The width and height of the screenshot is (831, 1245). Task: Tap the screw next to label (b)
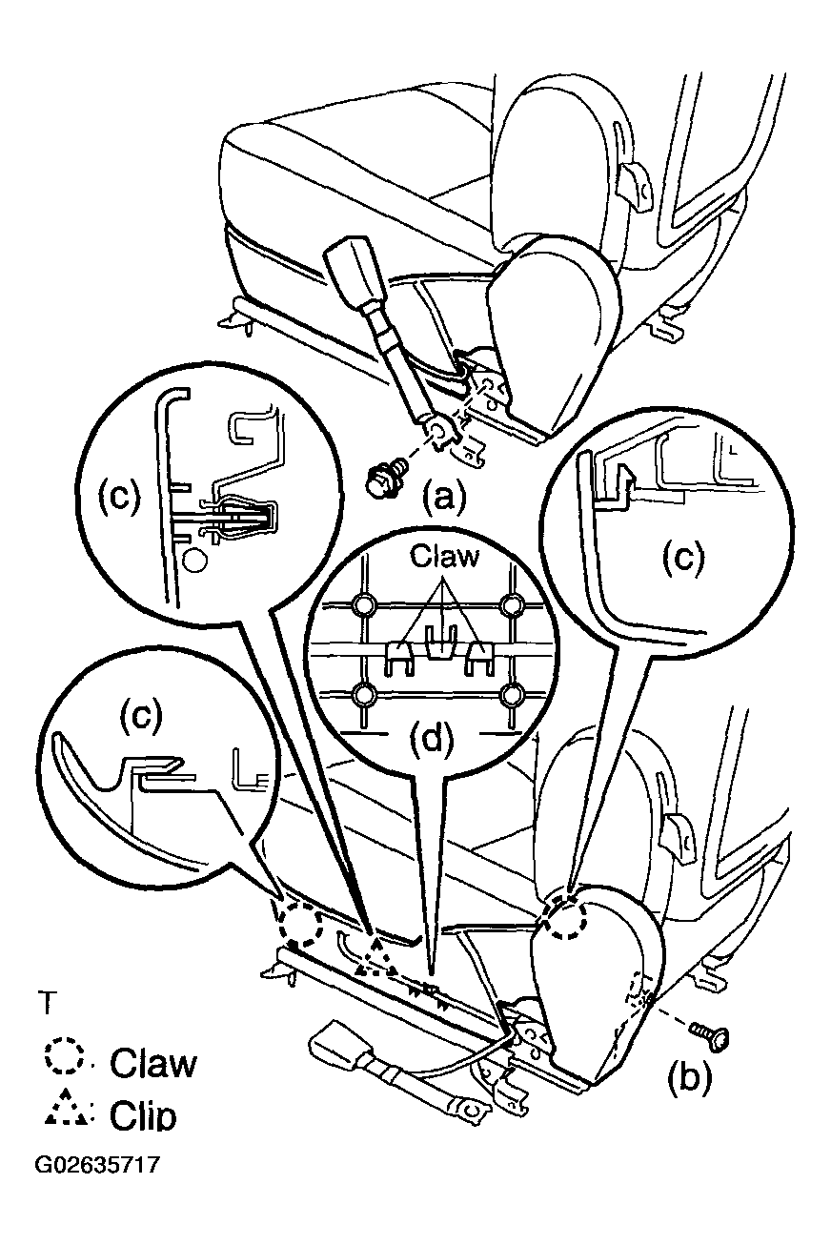(x=709, y=1035)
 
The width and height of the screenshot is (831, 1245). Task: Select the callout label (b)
(x=689, y=1080)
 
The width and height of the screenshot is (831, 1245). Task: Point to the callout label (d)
(x=432, y=741)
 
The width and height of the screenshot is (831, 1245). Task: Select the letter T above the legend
(x=48, y=1003)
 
